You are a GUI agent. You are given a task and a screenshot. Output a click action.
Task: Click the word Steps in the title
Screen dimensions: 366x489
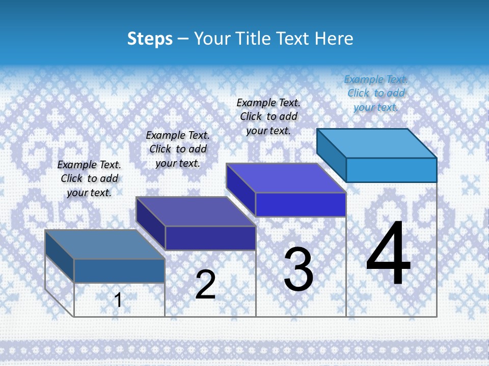pyautogui.click(x=150, y=39)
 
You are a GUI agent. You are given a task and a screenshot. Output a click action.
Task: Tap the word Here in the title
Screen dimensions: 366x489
pyautogui.click(x=334, y=39)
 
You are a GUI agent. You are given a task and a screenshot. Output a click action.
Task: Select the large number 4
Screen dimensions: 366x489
pyautogui.click(x=388, y=254)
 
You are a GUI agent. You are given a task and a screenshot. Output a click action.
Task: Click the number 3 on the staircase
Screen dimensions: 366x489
pyautogui.click(x=298, y=269)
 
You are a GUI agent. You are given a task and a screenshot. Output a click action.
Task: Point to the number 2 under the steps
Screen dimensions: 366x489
pyautogui.click(x=205, y=285)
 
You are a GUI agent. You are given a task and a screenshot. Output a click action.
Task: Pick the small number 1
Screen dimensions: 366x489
pyautogui.click(x=118, y=300)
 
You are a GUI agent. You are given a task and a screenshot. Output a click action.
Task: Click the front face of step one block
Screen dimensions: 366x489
pyautogui.click(x=119, y=270)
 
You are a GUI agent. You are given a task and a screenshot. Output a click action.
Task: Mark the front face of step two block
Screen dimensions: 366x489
pyautogui.click(x=210, y=238)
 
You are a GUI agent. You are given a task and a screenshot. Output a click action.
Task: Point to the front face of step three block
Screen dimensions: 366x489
pyautogui.click(x=301, y=204)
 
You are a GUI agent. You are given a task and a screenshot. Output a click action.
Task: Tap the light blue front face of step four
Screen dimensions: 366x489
pyautogui.click(x=391, y=170)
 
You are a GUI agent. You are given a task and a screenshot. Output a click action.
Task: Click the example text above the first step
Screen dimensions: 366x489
pyautogui.click(x=89, y=178)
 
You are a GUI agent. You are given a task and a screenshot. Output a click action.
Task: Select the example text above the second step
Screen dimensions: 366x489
pyautogui.click(x=178, y=149)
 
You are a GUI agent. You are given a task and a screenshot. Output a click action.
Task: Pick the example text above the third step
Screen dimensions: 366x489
pyautogui.click(x=268, y=116)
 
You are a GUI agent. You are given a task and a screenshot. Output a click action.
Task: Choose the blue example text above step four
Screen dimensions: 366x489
pyautogui.click(x=376, y=93)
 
